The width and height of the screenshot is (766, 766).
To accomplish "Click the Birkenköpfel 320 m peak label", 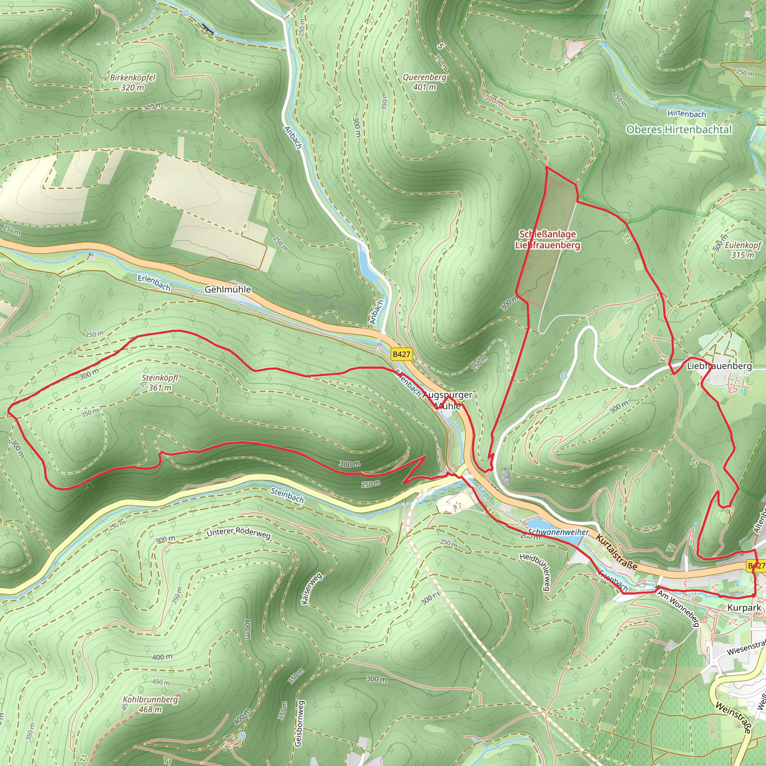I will click(132, 82).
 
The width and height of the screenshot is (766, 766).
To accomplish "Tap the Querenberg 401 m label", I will click(424, 82).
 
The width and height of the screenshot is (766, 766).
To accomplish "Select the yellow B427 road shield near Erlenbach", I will click(401, 354).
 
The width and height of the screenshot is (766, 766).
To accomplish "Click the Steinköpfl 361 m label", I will click(160, 383).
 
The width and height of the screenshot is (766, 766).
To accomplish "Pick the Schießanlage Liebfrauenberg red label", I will click(547, 240).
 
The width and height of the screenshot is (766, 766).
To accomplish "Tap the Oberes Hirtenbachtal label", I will click(678, 130).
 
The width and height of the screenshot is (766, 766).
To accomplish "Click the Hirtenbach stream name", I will click(686, 114).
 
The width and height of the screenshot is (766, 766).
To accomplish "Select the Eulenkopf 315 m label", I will click(742, 250).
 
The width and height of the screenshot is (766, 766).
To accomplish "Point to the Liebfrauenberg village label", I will click(719, 366).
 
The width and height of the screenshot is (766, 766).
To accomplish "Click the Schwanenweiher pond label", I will click(558, 532).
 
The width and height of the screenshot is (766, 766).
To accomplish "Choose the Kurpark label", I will click(744, 608).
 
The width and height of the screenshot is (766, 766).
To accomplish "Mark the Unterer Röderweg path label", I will click(238, 533).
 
